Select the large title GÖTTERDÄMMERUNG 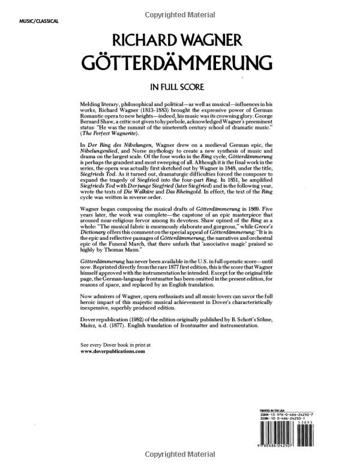[179, 63]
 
